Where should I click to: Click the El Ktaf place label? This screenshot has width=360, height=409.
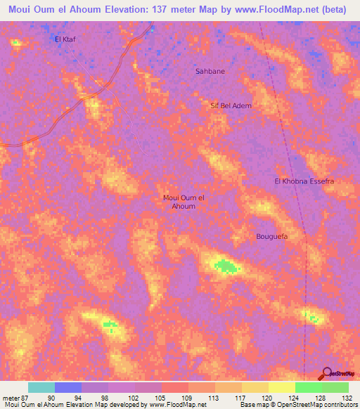(x=65, y=39)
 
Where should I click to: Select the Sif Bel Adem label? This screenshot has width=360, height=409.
(x=231, y=105)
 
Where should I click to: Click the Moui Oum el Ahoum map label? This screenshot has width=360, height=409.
(x=184, y=202)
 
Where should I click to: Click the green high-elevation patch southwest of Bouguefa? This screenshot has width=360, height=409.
(x=225, y=266)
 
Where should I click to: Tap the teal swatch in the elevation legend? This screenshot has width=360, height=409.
(x=41, y=387)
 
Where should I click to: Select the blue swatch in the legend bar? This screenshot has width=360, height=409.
(x=68, y=387)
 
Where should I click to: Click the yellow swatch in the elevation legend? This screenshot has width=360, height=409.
(x=281, y=387)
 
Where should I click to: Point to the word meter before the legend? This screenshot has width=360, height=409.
(x=9, y=397)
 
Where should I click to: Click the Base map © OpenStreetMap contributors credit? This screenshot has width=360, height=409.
(x=298, y=405)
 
